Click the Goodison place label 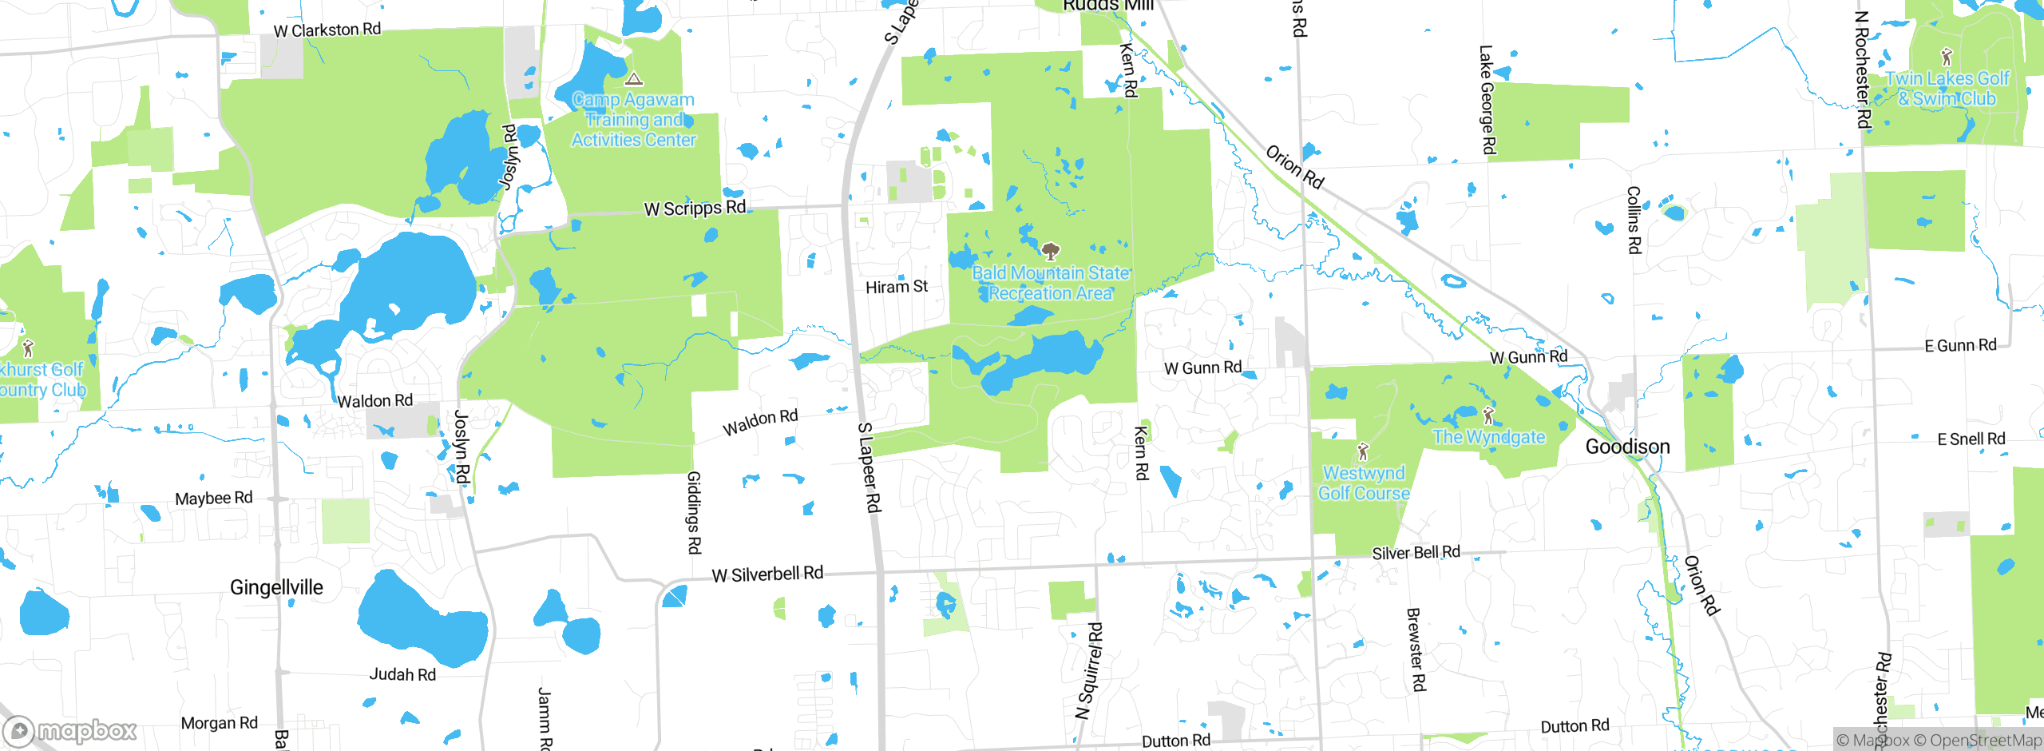(x=1627, y=447)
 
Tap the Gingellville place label (x=276, y=588)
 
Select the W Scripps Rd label (x=695, y=209)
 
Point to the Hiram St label (x=897, y=287)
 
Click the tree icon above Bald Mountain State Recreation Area (x=1051, y=252)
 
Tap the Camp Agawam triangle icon (x=634, y=78)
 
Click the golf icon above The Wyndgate (x=1487, y=415)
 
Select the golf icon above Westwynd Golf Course (x=1363, y=451)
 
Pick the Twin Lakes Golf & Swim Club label (x=1947, y=89)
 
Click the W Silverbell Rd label (x=767, y=574)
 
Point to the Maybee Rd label (x=214, y=499)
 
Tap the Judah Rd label (x=402, y=675)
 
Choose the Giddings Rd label (x=694, y=512)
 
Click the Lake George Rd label (x=1487, y=99)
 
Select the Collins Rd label (x=1634, y=220)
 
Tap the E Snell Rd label (x=1971, y=439)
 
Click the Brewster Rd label (x=1416, y=649)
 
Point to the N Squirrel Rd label (x=1089, y=671)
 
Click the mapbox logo (x=70, y=730)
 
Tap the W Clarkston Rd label (x=327, y=30)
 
